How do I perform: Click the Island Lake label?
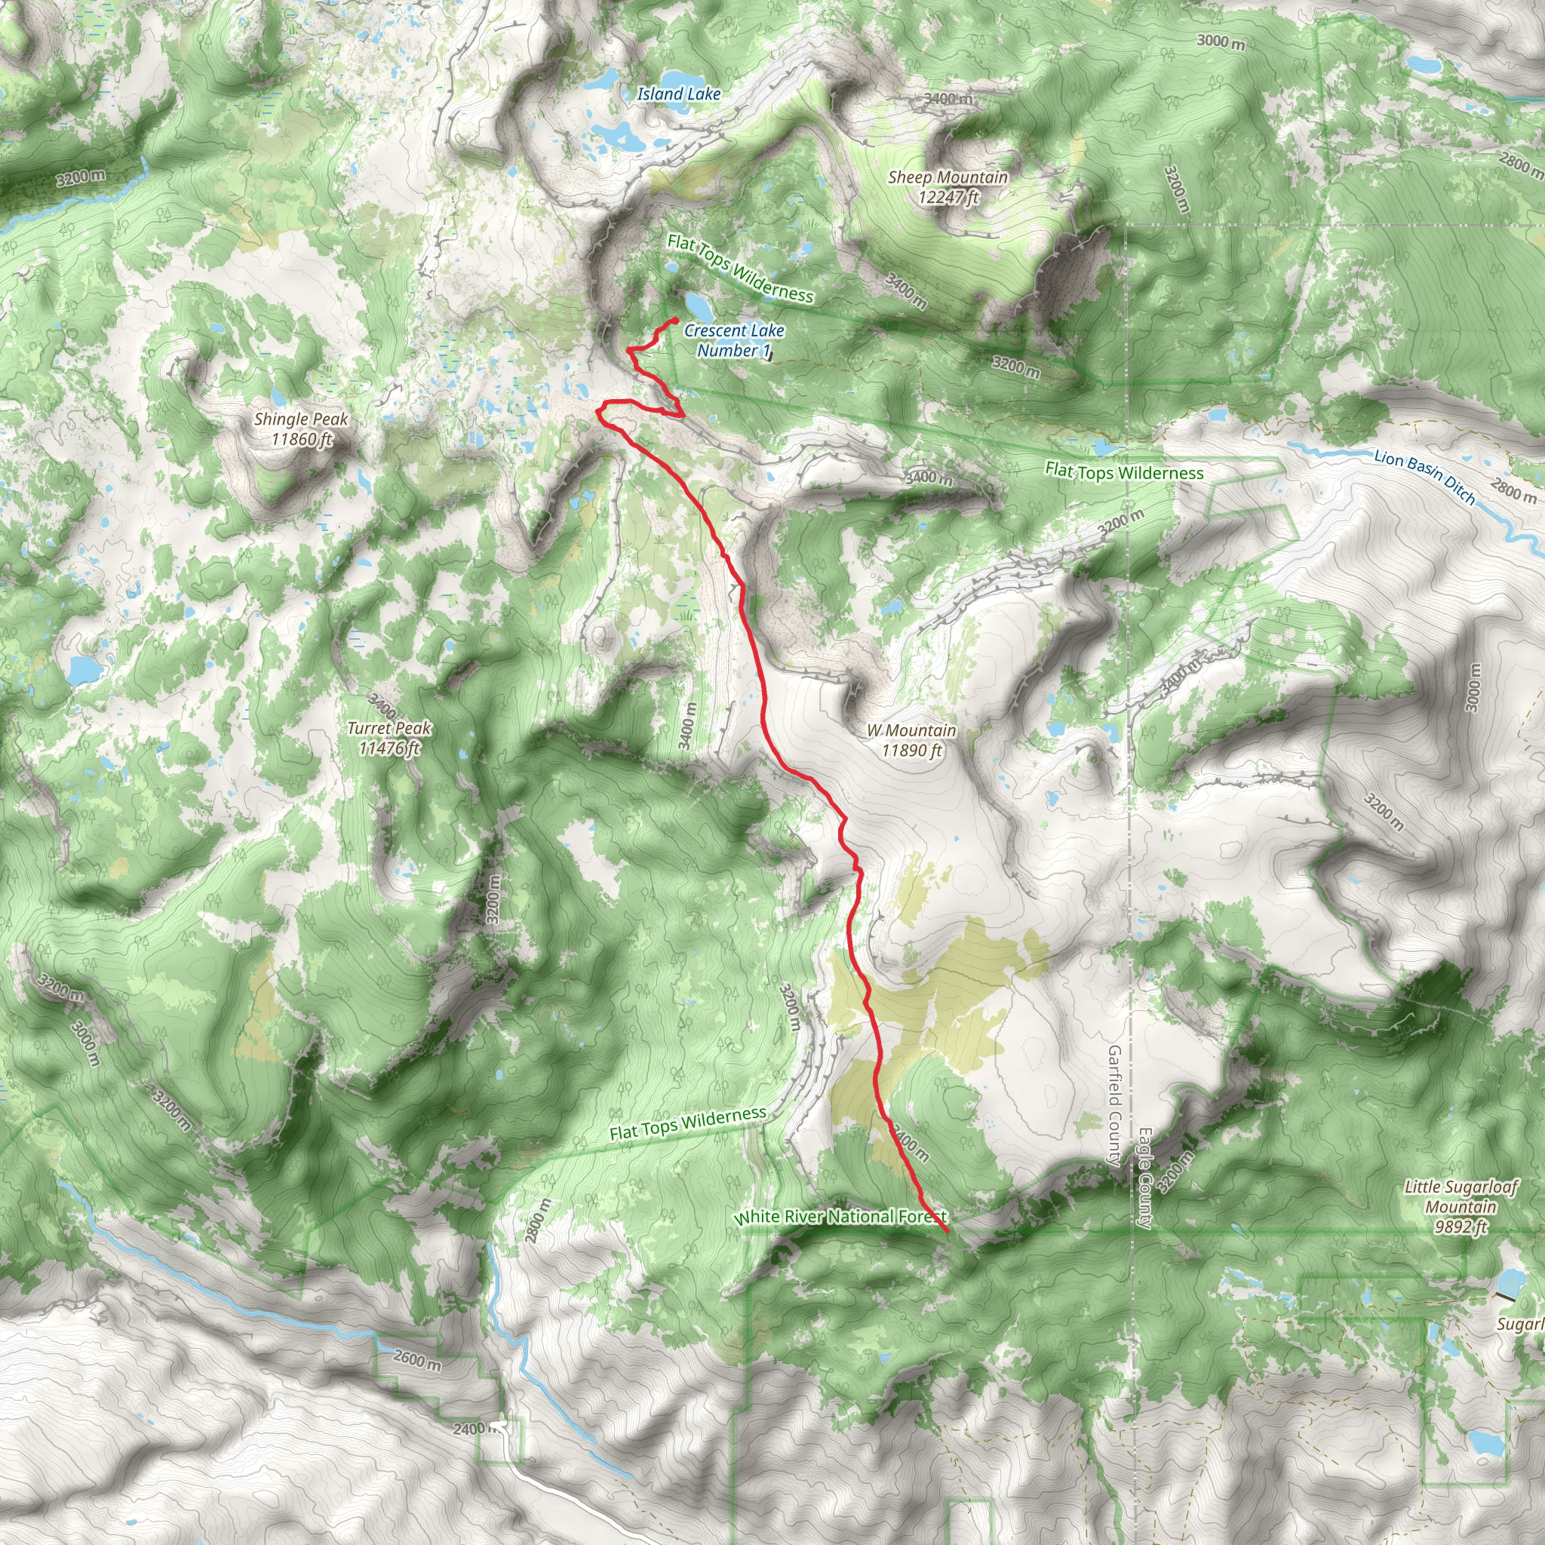pos(679,94)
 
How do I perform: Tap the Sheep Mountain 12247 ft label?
pos(948,187)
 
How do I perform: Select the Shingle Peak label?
pos(302,428)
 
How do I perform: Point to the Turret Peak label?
pos(389,737)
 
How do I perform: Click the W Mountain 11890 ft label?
pos(911,740)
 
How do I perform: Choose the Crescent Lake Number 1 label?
pos(734,340)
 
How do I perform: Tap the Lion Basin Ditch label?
pos(1424,477)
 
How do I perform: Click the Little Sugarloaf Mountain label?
pos(1461,1207)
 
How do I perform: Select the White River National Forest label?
pos(840,1216)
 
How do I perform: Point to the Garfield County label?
pos(1115,1105)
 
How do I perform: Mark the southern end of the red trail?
pos(947,1231)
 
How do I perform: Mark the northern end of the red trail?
pos(677,321)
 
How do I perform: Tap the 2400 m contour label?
pos(469,1427)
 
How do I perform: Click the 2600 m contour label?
pos(416,1359)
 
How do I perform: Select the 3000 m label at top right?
pos(1221,41)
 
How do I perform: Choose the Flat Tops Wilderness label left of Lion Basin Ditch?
pos(1123,472)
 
